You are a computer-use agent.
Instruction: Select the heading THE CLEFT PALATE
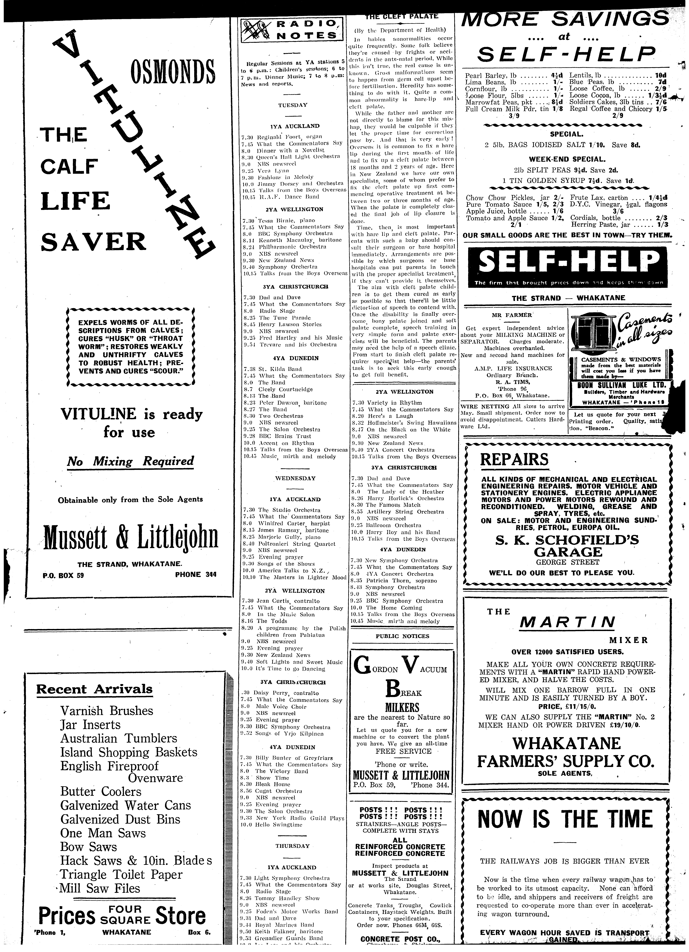[x=401, y=17]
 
